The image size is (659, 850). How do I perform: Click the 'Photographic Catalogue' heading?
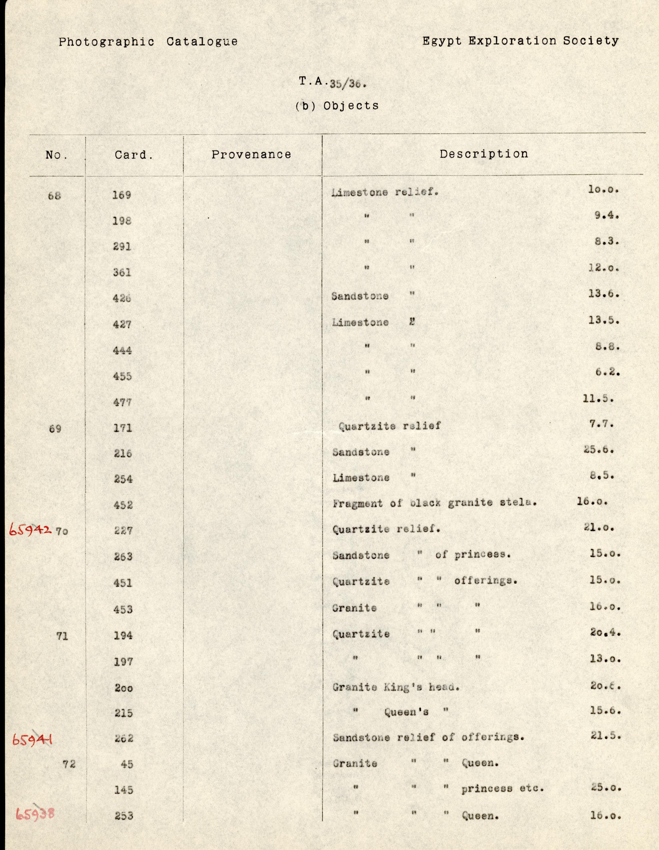pos(148,42)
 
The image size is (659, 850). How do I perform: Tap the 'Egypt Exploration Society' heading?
pos(520,41)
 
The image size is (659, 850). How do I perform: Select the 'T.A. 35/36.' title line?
pos(332,83)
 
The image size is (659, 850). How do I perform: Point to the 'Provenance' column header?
pos(251,155)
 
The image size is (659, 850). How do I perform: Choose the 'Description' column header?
pos(484,154)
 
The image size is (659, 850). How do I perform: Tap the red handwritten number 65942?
pos(30,530)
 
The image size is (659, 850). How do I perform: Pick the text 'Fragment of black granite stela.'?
pos(434,503)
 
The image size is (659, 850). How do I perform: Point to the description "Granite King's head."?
pos(396,687)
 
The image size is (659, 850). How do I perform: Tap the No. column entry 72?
pos(69,764)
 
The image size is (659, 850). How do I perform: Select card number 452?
pos(123,505)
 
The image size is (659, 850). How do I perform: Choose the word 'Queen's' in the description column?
pos(406,712)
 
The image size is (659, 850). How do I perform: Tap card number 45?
pos(127,764)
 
